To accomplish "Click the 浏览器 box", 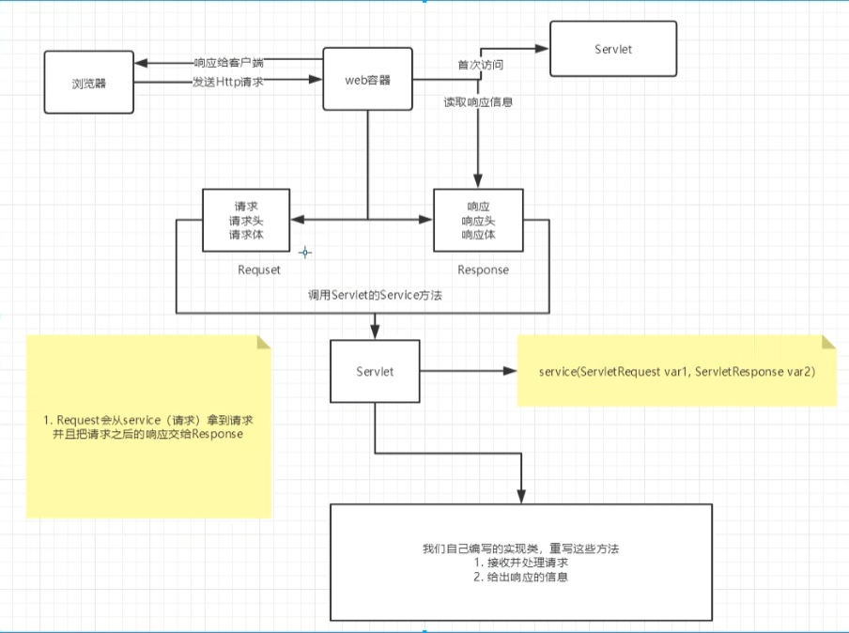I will pos(88,83).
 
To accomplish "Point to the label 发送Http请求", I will pos(227,83).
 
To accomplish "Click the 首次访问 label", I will pos(480,66).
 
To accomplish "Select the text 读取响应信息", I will pos(478,100).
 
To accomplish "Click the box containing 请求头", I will pos(246,221).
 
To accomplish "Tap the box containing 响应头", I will pos(478,221).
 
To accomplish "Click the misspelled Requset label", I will pos(259,270).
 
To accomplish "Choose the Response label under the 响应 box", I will pos(483,270).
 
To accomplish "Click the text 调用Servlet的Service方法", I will pos(376,295).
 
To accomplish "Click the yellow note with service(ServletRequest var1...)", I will pos(676,372).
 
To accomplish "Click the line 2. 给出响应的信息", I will pos(522,578).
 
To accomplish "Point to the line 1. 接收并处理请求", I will pos(522,563).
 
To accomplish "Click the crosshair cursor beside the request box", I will pos(304,253).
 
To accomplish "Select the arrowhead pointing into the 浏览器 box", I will pos(139,64).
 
